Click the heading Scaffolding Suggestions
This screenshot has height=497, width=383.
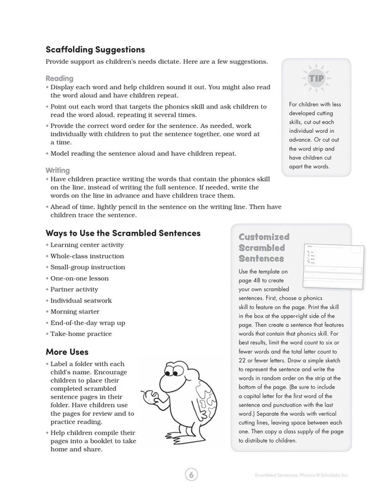click(x=95, y=50)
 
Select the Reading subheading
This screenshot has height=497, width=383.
click(x=59, y=78)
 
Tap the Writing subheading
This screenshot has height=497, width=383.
click(x=58, y=170)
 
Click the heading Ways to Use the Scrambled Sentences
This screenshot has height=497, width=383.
click(x=123, y=233)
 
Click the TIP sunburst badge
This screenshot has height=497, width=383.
click(x=316, y=78)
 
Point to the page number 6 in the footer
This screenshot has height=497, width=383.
click(x=191, y=474)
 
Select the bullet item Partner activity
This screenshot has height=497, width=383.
click(x=74, y=290)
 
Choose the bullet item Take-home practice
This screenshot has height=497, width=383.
click(x=81, y=334)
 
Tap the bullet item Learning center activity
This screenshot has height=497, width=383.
click(x=87, y=245)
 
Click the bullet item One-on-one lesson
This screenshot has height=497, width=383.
click(x=79, y=278)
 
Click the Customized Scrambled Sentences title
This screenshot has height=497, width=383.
click(x=264, y=248)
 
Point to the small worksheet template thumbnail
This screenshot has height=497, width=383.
click(x=333, y=265)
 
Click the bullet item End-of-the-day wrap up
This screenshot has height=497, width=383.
click(x=88, y=323)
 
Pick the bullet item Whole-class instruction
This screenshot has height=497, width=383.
click(x=87, y=256)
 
